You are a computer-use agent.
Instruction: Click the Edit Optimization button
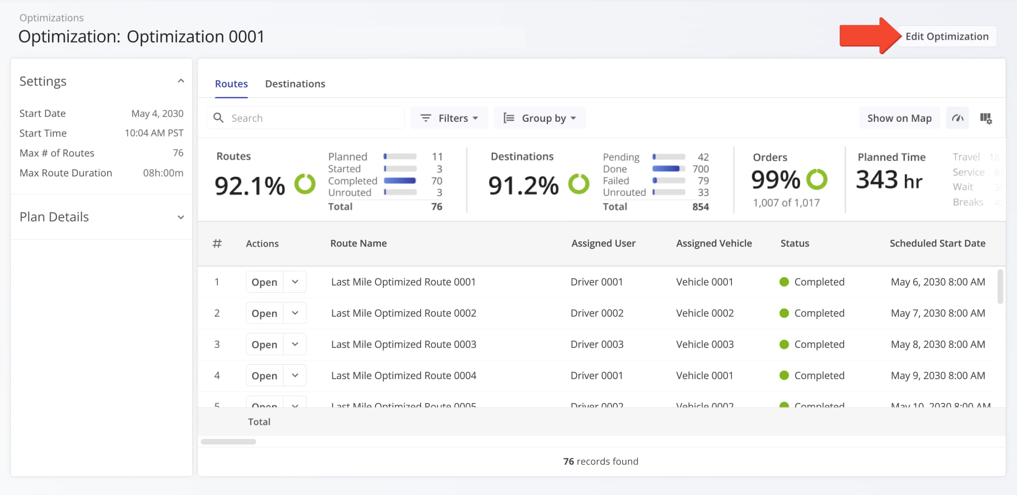[x=946, y=36]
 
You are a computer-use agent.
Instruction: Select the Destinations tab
[x=295, y=84]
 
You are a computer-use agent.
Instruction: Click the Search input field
[x=313, y=118]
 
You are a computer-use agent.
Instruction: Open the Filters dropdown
[x=449, y=118]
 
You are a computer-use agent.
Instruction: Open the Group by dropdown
[x=540, y=118]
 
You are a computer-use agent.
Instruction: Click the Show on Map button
[x=899, y=118]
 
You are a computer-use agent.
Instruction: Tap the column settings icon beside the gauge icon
[x=986, y=118]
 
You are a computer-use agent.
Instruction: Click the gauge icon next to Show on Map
[x=957, y=118]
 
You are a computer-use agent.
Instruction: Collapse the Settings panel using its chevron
[x=181, y=81]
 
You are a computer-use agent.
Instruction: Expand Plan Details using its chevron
[x=181, y=217]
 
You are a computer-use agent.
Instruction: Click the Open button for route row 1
[x=264, y=282]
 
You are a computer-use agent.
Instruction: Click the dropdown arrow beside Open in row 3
[x=295, y=344]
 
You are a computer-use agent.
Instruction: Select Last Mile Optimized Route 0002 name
[x=403, y=313]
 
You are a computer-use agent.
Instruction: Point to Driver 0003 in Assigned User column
[x=597, y=344]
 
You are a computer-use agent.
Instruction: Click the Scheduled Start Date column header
[x=937, y=244]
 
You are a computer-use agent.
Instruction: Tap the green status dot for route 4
[x=784, y=376]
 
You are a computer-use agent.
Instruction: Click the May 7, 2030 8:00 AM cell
[x=938, y=313]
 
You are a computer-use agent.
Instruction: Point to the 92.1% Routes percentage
[x=249, y=186]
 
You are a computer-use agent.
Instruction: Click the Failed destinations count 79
[x=703, y=181]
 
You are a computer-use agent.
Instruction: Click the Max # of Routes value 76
[x=178, y=153]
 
